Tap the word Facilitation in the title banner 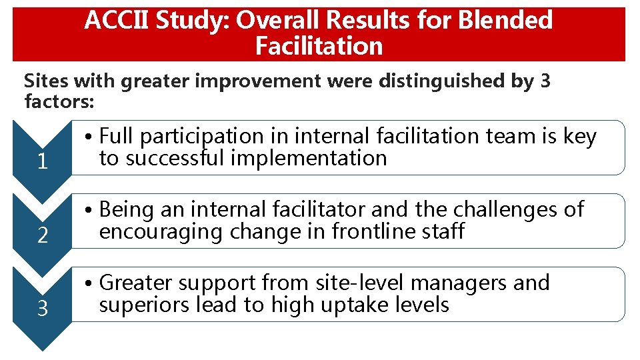319,46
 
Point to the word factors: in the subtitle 60,101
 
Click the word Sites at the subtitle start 46,81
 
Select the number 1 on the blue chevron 43,162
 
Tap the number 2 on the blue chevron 43,235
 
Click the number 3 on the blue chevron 43,309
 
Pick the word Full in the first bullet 117,137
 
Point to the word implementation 313,159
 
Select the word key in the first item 579,137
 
